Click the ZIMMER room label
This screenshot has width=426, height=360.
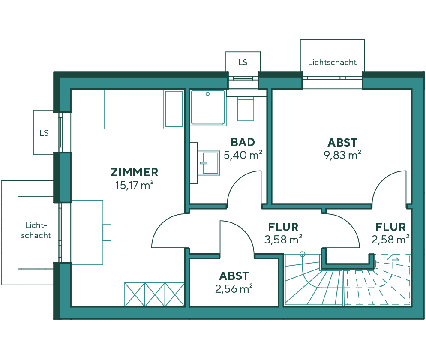pos(134,172)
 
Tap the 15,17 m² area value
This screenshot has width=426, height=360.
pos(134,185)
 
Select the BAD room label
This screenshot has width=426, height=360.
pos(243,142)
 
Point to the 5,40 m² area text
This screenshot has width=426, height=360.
pos(243,155)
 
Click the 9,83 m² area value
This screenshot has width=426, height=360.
pos(342,155)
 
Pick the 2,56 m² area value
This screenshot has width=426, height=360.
pos(234,289)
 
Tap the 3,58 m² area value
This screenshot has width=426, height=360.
pos(283,239)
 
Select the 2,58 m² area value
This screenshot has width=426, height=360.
pos(390,239)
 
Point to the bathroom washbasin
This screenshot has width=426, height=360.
pos(210,163)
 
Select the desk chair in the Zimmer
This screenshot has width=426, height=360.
pos(107,232)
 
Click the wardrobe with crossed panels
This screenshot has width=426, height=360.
pos(154,294)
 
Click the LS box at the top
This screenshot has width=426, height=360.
pos(243,62)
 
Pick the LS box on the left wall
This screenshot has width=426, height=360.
pos(44,132)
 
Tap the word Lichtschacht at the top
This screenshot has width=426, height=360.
pos(332,62)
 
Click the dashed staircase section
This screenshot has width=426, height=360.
pos(377,281)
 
